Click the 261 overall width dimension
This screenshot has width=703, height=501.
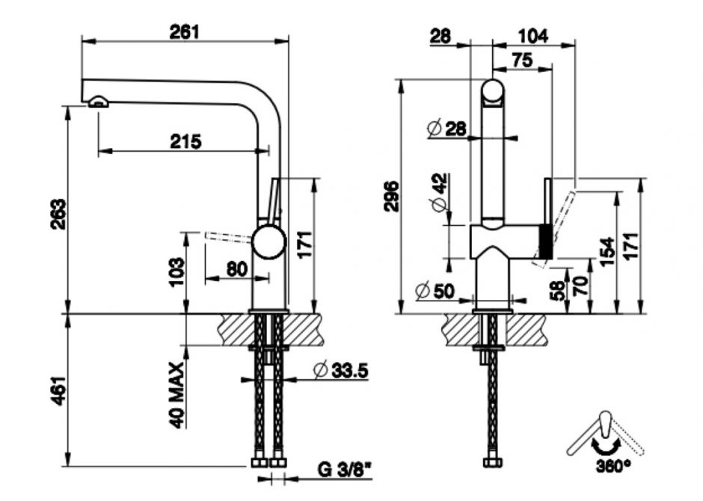(x=183, y=31)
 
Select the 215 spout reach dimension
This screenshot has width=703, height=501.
(x=184, y=141)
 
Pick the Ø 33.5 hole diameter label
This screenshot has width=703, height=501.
(x=340, y=369)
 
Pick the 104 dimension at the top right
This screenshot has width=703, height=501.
(x=532, y=35)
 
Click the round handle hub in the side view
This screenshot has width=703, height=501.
(x=268, y=243)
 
